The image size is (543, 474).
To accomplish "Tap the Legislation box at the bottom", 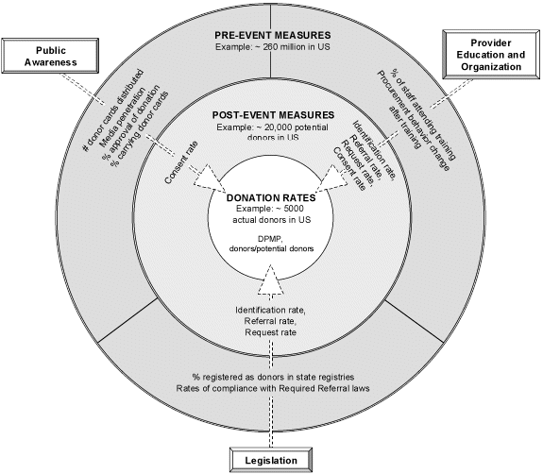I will coord(272,460).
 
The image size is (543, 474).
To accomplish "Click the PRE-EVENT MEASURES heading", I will coord(271,36).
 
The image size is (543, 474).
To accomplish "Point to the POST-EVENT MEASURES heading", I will coord(271,113).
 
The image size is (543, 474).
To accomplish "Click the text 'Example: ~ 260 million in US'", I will coord(271,48).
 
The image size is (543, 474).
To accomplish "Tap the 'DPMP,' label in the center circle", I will coord(270,237).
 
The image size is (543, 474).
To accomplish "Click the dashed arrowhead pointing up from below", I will coord(271,279).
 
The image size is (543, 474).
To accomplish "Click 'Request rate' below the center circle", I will coord(271,333).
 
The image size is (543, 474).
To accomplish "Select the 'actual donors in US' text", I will coord(271,220).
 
